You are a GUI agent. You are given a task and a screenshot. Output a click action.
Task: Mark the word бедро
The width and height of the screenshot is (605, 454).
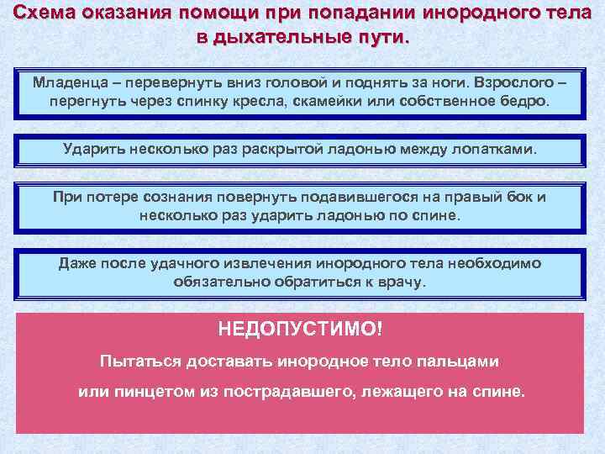click(525, 102)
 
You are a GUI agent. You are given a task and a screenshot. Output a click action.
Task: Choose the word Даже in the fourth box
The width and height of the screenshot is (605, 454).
click(76, 264)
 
